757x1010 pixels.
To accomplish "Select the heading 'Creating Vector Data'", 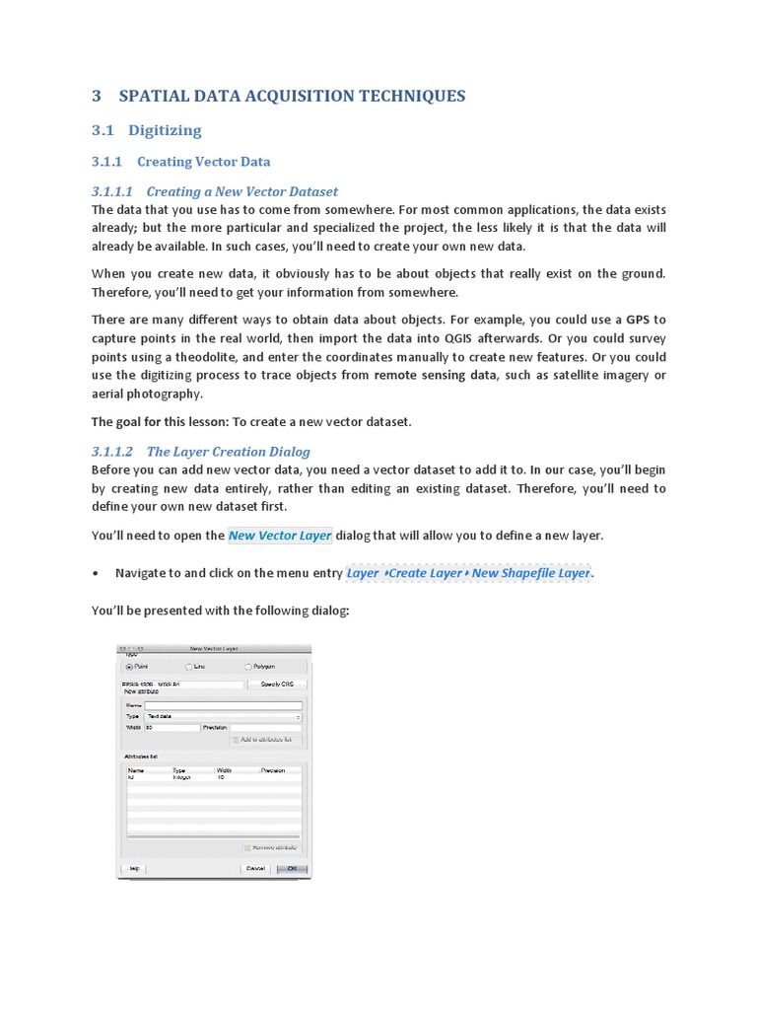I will tap(203, 162).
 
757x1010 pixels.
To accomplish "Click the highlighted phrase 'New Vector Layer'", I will tap(280, 536).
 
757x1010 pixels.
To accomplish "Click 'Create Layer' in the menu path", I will tap(426, 573).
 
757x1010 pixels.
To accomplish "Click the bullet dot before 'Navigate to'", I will tap(95, 573).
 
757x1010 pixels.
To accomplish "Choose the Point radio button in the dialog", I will tap(129, 667).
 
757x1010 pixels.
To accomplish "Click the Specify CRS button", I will tap(277, 684).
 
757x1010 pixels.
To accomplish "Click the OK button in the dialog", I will tap(290, 869).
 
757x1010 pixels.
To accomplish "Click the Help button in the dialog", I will tap(132, 869).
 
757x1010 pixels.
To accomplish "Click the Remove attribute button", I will tap(273, 847).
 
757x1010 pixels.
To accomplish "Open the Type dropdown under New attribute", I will tap(223, 716).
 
